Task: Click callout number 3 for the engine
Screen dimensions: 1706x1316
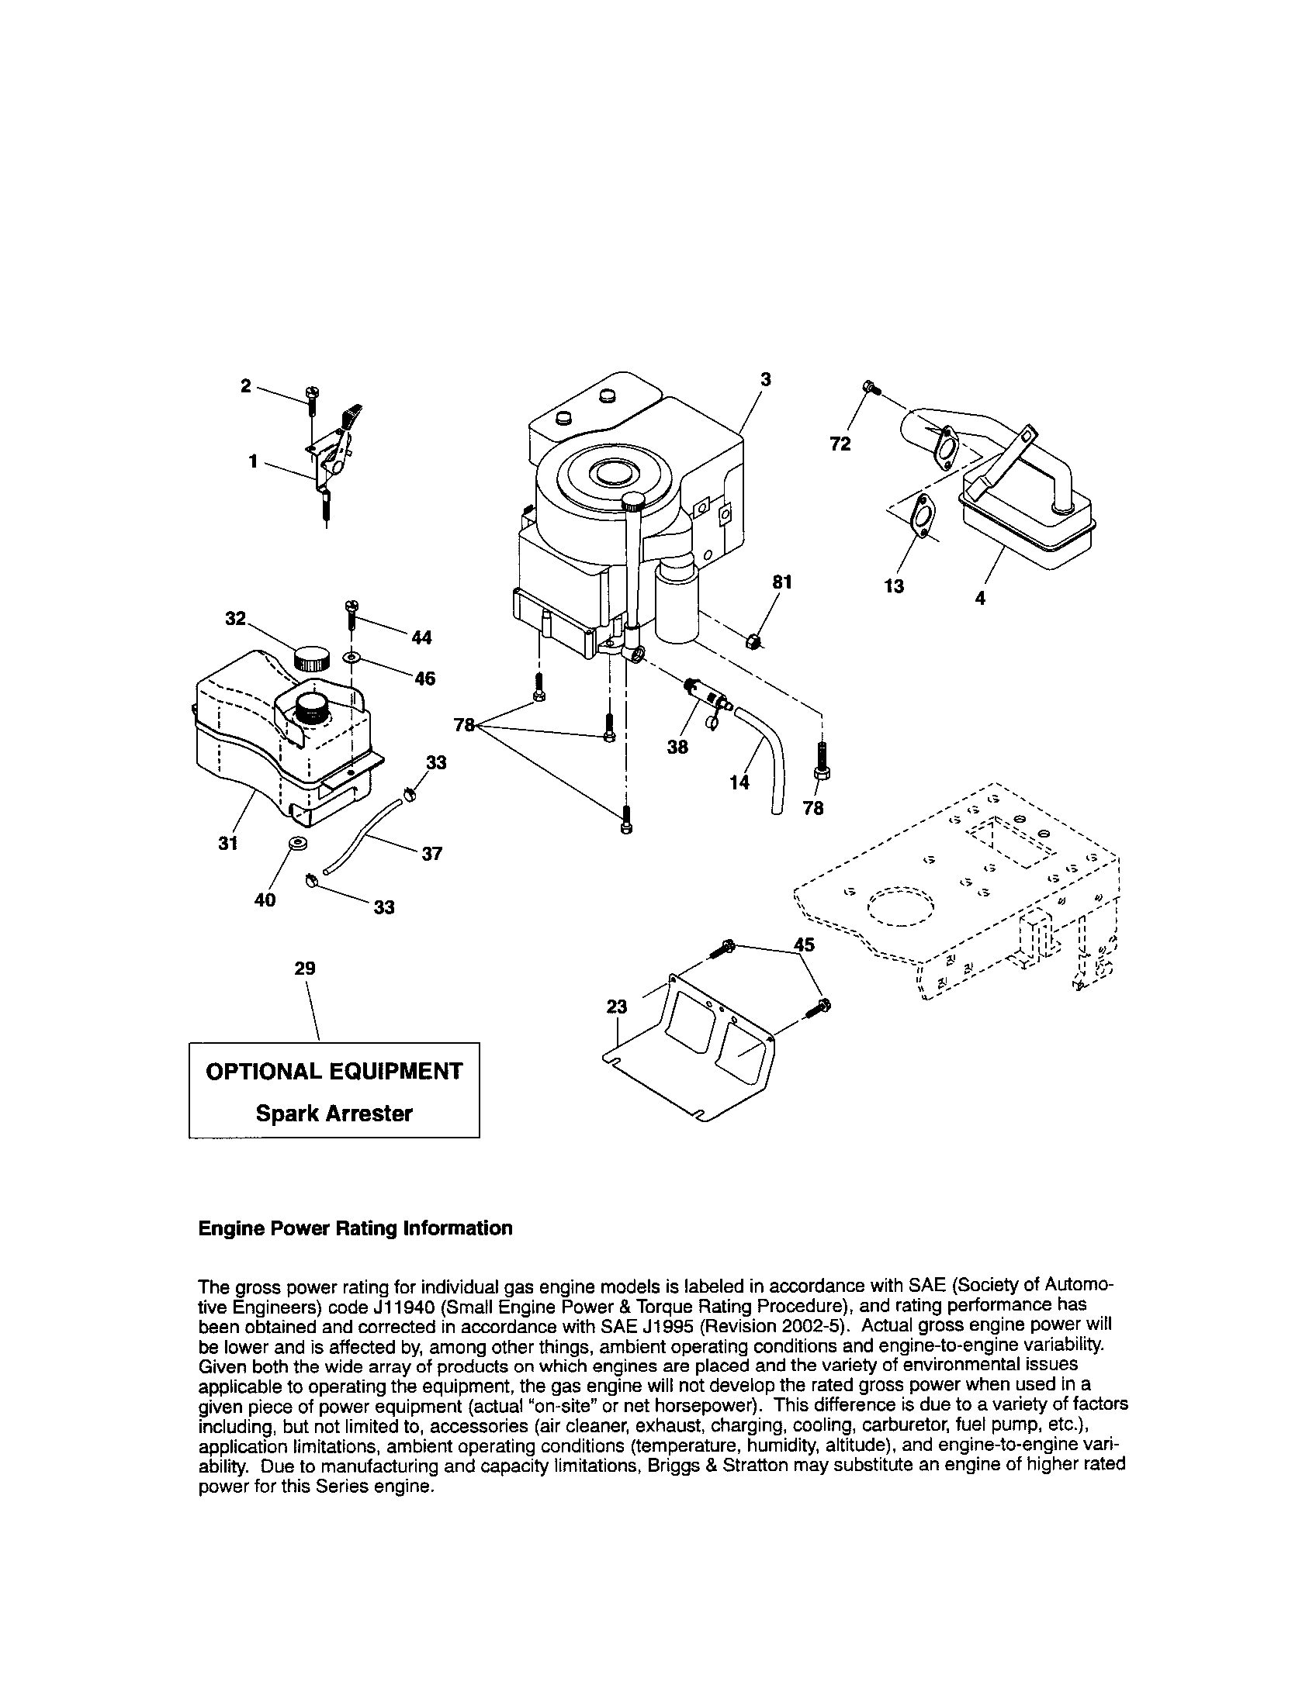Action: point(765,379)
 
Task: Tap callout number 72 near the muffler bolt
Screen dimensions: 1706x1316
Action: point(840,444)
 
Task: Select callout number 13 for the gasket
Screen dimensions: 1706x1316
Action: point(894,585)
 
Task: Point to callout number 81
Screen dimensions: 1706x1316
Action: point(782,582)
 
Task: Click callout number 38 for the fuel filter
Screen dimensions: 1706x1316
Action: point(677,747)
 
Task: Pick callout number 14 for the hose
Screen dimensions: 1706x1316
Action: point(739,781)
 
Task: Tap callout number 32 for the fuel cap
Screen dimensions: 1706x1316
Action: point(235,619)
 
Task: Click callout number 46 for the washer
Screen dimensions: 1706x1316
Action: point(424,678)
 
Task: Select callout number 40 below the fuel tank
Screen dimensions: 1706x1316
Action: point(265,900)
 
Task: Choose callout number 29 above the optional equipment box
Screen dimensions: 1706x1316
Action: point(305,969)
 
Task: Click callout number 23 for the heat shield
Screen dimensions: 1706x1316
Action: point(618,1007)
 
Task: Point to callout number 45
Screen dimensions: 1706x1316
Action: point(803,945)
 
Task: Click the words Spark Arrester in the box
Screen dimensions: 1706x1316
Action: point(334,1113)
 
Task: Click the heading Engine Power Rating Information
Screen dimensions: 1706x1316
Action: point(355,1229)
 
